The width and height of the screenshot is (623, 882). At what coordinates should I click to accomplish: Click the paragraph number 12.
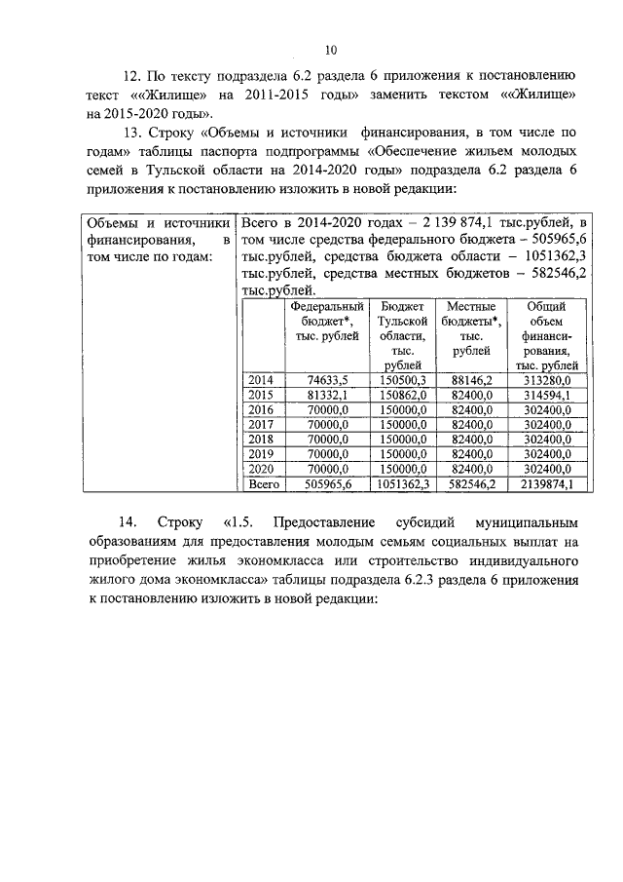coord(128,75)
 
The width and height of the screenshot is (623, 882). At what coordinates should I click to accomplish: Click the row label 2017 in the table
coord(261,425)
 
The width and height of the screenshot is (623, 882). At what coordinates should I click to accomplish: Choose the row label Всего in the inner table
coord(264,482)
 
